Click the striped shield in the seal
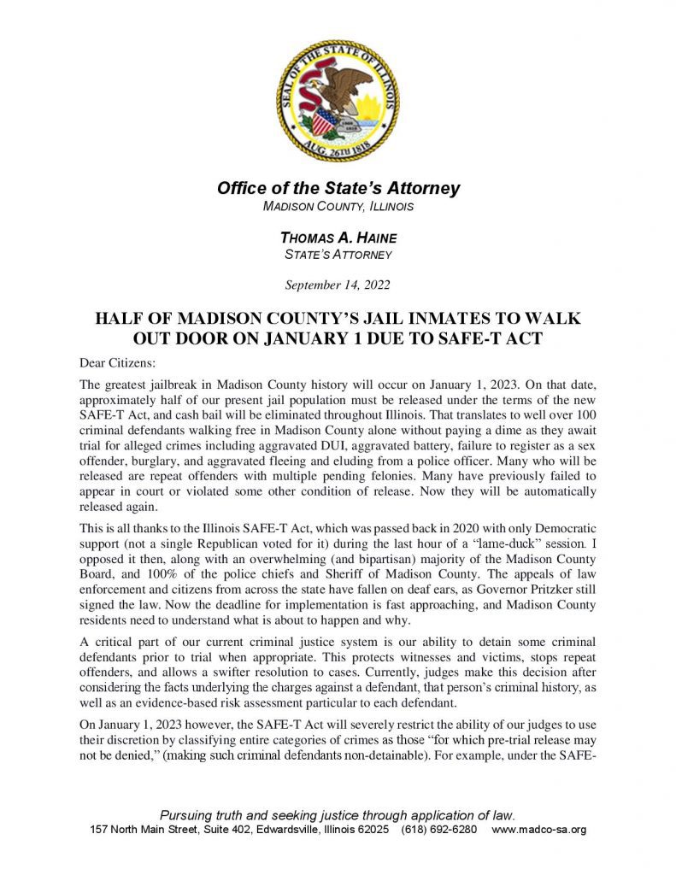click(325, 120)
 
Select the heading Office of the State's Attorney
click(338, 188)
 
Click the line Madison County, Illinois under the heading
click(338, 208)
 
